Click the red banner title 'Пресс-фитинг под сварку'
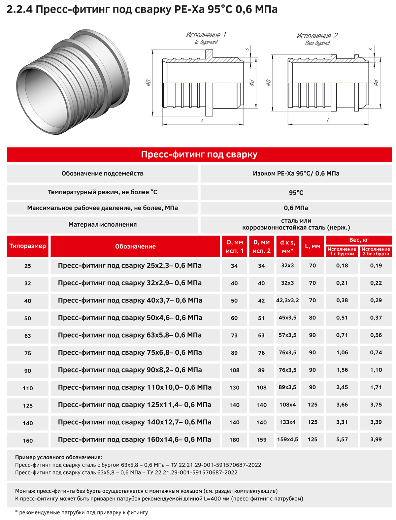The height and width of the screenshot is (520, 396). tap(199, 154)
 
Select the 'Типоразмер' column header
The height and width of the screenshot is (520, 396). tap(28, 246)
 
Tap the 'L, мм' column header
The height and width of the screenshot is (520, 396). tap(313, 246)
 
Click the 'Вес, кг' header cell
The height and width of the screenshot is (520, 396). tap(359, 240)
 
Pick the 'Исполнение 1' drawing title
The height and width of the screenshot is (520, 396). tap(206, 35)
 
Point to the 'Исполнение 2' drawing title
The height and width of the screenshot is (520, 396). tap(317, 36)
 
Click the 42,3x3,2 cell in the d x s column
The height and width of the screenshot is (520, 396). tap(287, 300)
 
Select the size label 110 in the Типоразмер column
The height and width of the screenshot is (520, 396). tap(28, 388)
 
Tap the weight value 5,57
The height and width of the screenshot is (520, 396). tap(342, 439)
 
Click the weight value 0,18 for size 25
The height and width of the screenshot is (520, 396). tap(342, 265)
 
